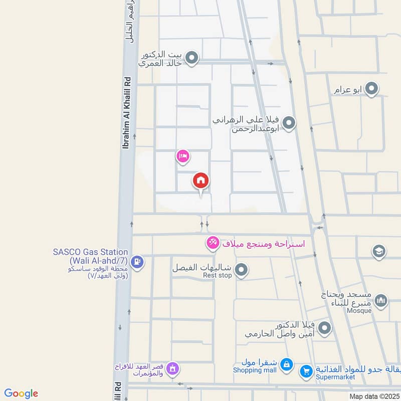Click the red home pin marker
tap(200, 181)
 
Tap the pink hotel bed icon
tap(182, 156)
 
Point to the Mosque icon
tap(381, 301)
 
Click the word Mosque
tap(358, 311)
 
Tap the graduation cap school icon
tap(379, 251)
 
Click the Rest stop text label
tap(217, 276)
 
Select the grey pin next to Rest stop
tap(242, 271)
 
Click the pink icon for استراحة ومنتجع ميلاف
tap(213, 243)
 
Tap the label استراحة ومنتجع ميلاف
tap(263, 244)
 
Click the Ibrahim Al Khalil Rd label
tap(126, 113)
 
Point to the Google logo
tap(21, 393)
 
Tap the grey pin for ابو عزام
tap(371, 90)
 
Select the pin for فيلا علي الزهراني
tap(289, 123)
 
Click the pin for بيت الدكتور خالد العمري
tap(191, 59)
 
